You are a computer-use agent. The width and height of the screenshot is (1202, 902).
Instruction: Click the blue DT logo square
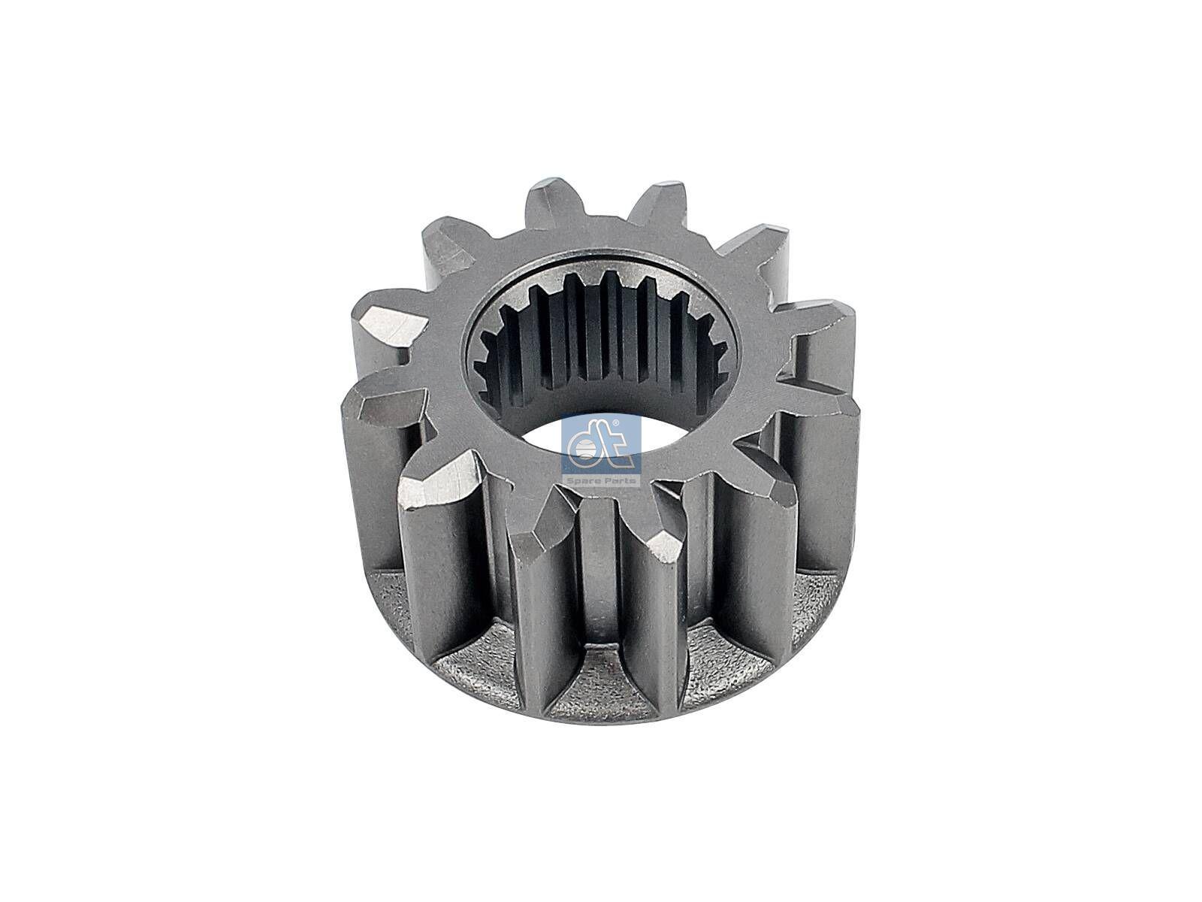point(601,451)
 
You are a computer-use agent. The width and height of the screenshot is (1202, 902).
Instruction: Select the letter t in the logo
point(618,450)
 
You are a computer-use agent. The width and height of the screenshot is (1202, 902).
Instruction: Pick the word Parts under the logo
point(618,480)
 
